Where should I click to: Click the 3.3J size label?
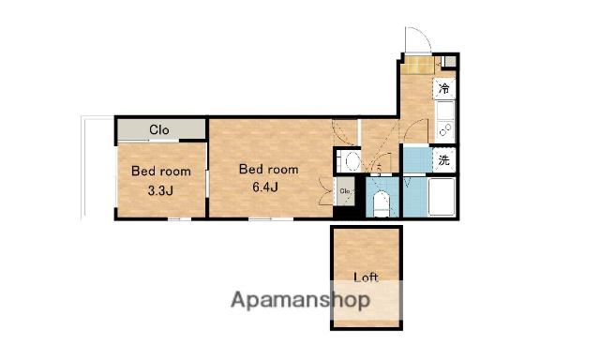160,190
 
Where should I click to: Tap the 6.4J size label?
264,187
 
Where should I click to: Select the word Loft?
366,277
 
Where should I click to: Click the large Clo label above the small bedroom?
159,130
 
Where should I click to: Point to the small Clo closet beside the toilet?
345,191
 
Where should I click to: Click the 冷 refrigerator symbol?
443,89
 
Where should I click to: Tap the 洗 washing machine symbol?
443,160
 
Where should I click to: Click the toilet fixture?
381,203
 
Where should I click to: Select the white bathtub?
442,197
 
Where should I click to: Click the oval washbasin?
352,160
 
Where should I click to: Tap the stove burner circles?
444,130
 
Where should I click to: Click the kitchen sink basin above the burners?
445,111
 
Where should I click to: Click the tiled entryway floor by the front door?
417,65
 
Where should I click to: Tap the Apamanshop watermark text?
300,300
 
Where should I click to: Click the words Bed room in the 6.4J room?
269,169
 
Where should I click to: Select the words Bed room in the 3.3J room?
161,171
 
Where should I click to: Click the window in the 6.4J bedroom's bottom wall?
271,218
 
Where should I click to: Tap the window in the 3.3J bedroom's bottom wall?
180,218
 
